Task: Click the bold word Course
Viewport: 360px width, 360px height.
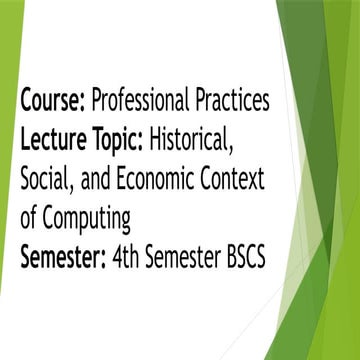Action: [50, 101]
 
